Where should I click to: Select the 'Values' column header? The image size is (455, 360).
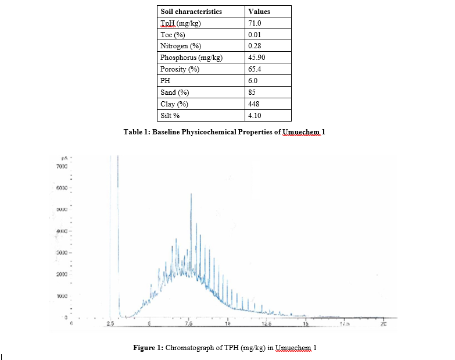[x=259, y=11]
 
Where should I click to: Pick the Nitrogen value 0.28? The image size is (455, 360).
[x=254, y=46]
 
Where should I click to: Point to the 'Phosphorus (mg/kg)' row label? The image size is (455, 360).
[x=191, y=58]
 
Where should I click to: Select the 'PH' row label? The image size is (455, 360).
[x=165, y=81]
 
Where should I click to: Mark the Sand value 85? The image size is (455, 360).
[x=252, y=92]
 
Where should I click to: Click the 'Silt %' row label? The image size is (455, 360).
[x=170, y=116]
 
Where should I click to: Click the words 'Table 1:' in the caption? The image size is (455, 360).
[x=138, y=132]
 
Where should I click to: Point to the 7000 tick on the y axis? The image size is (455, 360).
[x=63, y=166]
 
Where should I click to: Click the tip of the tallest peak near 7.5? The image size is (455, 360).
[x=191, y=194]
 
